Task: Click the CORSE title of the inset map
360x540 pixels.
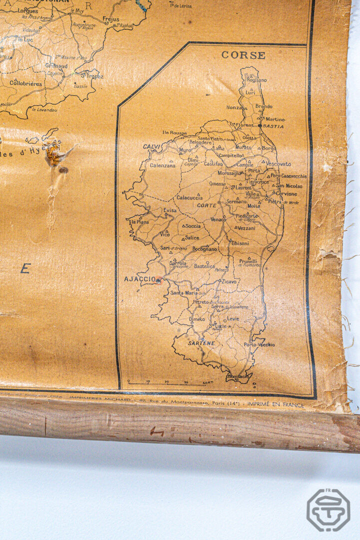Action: click(x=243, y=55)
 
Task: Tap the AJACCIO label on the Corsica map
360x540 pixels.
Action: click(x=140, y=279)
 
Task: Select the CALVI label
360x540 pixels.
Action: click(x=151, y=146)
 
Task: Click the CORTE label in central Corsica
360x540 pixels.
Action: click(x=206, y=205)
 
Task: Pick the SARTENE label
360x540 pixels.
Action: click(x=201, y=343)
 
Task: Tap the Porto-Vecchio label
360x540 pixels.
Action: click(x=259, y=344)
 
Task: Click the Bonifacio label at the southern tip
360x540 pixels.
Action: click(x=237, y=376)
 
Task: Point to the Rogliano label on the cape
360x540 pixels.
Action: click(x=256, y=80)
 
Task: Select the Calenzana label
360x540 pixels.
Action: click(x=163, y=165)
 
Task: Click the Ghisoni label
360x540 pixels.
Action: click(x=239, y=243)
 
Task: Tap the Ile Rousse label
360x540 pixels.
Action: click(x=174, y=133)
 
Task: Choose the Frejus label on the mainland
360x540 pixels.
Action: click(x=111, y=19)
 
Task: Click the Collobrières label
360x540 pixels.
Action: click(x=26, y=83)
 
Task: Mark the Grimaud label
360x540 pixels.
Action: click(x=56, y=65)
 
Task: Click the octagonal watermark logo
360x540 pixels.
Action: click(x=328, y=510)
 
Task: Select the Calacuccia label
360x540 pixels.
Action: click(x=189, y=197)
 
